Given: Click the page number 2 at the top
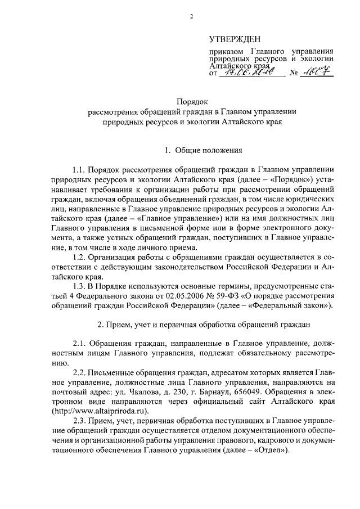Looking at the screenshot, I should click(x=191, y=16).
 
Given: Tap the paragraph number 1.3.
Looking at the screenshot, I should click(x=81, y=286).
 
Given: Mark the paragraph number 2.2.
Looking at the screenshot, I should click(x=81, y=375).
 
